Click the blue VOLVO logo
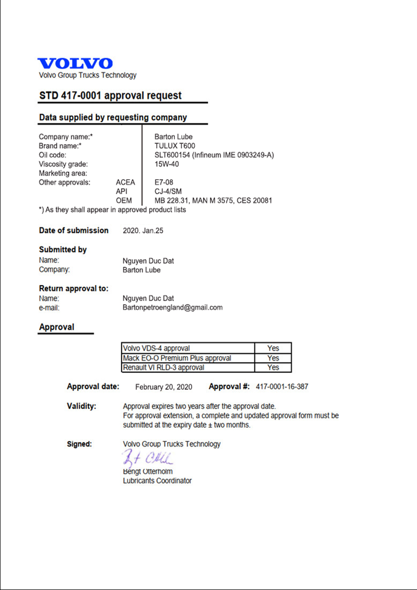75,64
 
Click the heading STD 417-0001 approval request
110,96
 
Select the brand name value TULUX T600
175,146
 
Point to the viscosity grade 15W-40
166,164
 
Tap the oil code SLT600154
172,155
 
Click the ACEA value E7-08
164,182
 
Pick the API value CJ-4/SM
168,192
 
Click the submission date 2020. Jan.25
143,231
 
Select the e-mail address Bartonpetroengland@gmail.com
172,308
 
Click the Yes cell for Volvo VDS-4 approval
273,348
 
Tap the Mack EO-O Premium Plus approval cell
177,358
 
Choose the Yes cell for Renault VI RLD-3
273,368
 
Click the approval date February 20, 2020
164,387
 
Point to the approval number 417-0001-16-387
282,387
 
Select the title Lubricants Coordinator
157,481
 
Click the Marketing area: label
63,173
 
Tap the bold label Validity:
81,406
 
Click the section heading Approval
57,327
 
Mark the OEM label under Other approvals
124,201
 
